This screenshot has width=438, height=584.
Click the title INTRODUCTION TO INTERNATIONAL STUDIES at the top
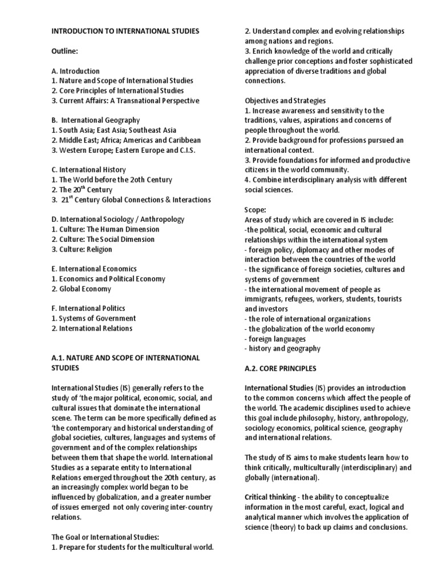pos(125,31)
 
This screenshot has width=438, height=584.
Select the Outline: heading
pos(64,51)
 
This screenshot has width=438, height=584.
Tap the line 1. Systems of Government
pos(94,318)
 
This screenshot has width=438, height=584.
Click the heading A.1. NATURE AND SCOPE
pos(125,358)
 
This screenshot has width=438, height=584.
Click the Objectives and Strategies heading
pos(285,100)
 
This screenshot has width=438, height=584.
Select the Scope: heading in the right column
pos(255,210)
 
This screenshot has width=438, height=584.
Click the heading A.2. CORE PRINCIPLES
pos(281,368)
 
